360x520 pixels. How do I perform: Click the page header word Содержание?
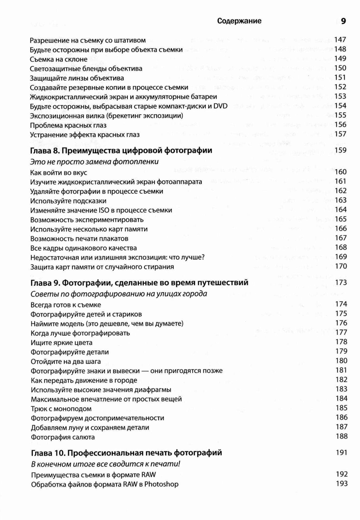click(x=239, y=21)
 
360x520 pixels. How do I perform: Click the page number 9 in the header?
click(x=343, y=21)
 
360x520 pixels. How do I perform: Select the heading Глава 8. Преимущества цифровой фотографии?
click(x=121, y=151)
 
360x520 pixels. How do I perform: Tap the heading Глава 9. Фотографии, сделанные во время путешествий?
click(x=140, y=283)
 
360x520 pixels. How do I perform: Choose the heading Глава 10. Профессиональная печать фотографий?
click(x=126, y=453)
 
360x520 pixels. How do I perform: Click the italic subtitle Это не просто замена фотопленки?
click(x=94, y=162)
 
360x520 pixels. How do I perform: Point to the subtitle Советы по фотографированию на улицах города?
click(x=119, y=294)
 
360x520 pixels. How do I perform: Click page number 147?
click(x=340, y=40)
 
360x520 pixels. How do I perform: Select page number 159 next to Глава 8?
click(x=341, y=150)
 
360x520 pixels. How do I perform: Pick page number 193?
click(x=342, y=484)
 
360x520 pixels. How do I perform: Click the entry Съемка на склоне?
click(x=59, y=59)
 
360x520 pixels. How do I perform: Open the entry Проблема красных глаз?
click(x=68, y=125)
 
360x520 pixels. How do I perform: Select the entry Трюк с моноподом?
click(x=61, y=409)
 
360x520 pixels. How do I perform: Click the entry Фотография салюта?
click(x=63, y=437)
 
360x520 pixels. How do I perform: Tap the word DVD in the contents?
click(x=220, y=106)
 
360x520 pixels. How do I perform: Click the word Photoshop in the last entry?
click(x=161, y=484)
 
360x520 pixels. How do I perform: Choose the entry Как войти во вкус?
click(x=59, y=172)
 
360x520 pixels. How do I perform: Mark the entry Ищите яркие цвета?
click(x=62, y=342)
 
